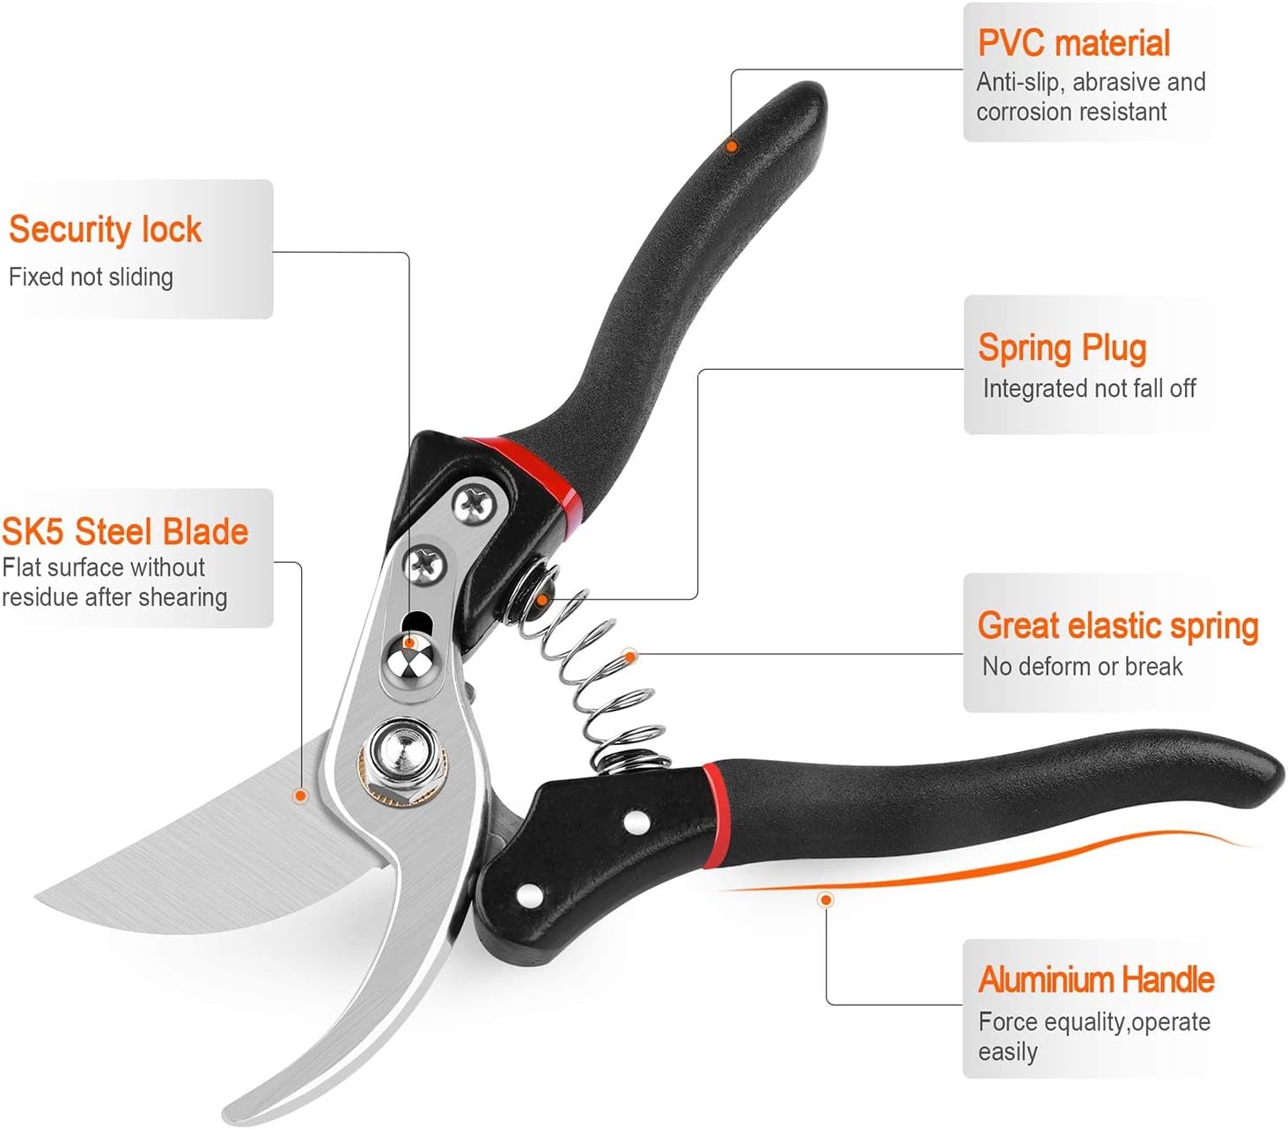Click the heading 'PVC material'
pos(1073,43)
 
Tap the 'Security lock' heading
pos(106,229)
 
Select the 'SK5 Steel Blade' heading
pos(125,532)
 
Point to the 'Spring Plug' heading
pos(1062,348)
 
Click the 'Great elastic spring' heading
pos(1118,626)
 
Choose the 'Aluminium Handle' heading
pos(1096,979)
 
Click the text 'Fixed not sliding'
pos(91,277)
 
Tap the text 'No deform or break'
pos(1082,667)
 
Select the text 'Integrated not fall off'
pos(1089,388)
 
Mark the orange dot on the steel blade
pos(300,796)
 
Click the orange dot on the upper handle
pos(732,146)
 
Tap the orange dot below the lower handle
pos(826,899)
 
